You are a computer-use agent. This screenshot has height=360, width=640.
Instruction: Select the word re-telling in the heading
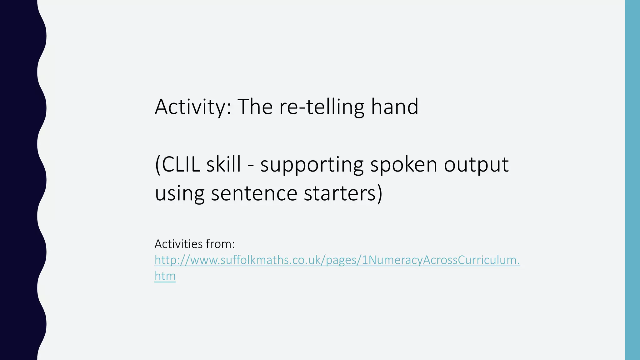pyautogui.click(x=322, y=107)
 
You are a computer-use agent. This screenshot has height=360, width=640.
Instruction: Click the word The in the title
pyautogui.click(x=255, y=107)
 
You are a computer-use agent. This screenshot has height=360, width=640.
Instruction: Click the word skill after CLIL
pyautogui.click(x=223, y=164)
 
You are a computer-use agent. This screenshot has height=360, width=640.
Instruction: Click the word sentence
pyautogui.click(x=254, y=193)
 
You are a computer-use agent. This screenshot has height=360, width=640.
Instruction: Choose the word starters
pyautogui.click(x=340, y=193)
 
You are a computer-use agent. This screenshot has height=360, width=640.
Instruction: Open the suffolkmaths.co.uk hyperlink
pyautogui.click(x=337, y=260)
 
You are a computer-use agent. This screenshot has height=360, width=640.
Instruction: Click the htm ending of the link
pyautogui.click(x=165, y=276)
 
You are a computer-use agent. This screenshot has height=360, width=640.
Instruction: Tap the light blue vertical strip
pyautogui.click(x=632, y=180)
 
